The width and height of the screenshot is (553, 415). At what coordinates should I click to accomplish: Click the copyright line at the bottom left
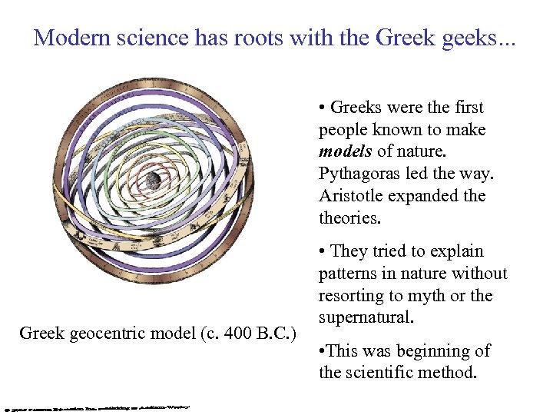click(96, 406)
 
